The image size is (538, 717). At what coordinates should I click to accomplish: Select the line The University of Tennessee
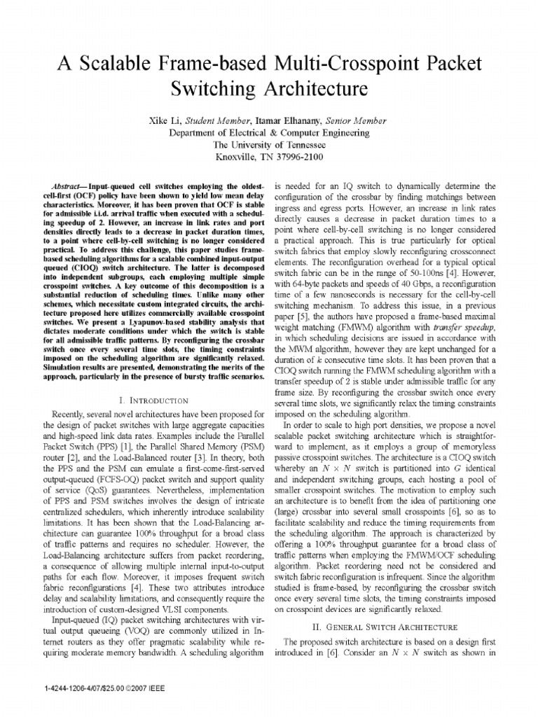(x=269, y=144)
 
